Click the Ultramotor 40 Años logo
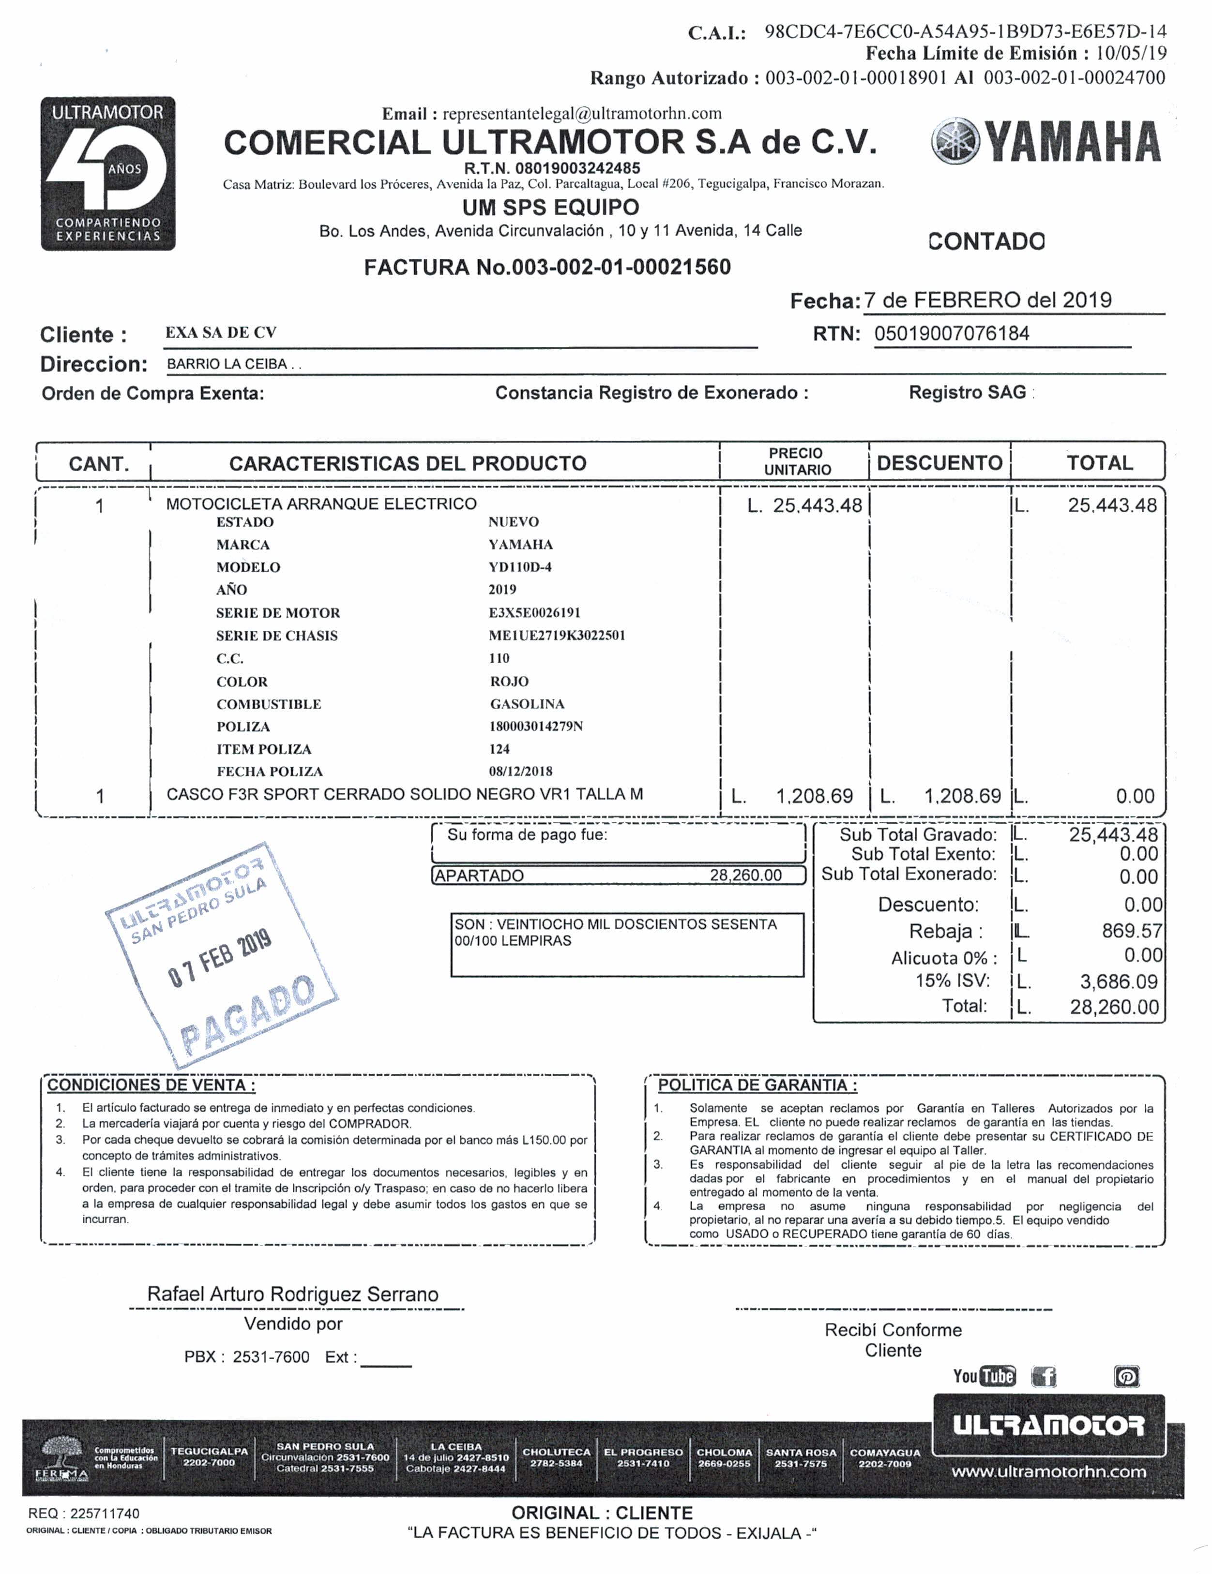(x=108, y=174)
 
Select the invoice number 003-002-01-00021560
(x=621, y=267)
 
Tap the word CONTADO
(x=985, y=241)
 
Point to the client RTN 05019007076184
(x=952, y=334)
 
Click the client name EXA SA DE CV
(x=221, y=333)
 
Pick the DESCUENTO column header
(x=939, y=463)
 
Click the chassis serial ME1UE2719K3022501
(x=557, y=636)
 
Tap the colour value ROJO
(x=509, y=682)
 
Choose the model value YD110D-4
(x=520, y=567)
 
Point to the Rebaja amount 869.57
(x=1131, y=931)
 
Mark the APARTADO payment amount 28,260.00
(x=745, y=875)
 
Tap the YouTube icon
(x=984, y=1377)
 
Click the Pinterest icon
(x=1127, y=1377)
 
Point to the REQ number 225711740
(x=105, y=1514)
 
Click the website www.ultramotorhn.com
(x=1049, y=1472)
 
